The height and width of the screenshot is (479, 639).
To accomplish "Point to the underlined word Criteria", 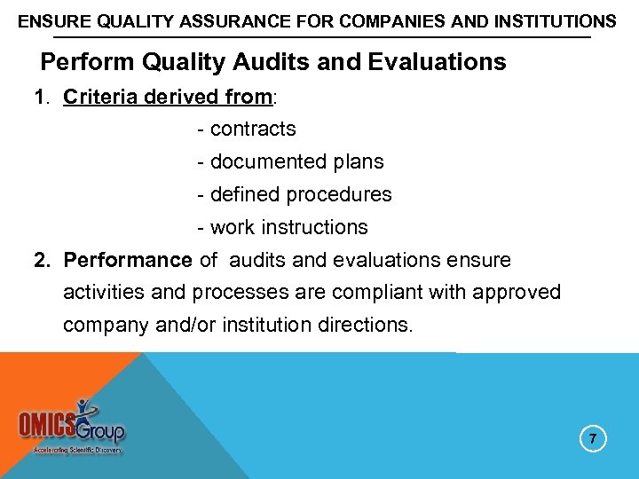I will pos(99,97).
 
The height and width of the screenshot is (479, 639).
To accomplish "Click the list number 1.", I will pos(40,97).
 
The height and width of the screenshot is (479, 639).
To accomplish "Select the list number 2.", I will pos(40,260).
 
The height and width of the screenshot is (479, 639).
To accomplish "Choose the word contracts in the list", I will pos(253,130).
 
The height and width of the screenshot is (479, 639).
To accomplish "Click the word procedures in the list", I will pos(344,194).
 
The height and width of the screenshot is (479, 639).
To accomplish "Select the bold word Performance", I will pos(127,260).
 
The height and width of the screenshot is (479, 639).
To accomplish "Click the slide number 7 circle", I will pos(594,439).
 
